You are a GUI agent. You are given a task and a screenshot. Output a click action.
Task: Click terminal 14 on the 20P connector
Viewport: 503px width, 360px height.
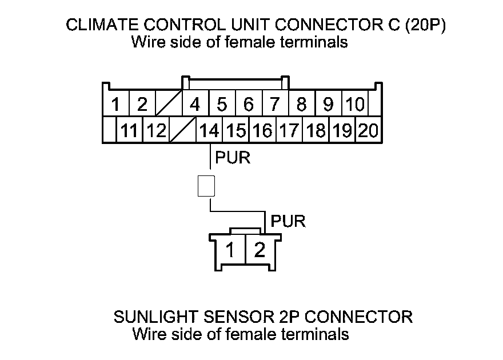(209, 131)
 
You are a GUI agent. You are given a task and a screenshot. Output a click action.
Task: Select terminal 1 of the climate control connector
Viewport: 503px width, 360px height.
(115, 105)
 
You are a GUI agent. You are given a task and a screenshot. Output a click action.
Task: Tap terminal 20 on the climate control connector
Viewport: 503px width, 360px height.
(369, 131)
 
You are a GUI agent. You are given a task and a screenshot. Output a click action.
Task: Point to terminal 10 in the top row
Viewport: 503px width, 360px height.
(355, 105)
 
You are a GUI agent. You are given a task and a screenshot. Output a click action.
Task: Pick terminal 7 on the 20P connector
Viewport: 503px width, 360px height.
(275, 105)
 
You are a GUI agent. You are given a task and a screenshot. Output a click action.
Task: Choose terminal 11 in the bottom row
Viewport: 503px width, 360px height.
(130, 131)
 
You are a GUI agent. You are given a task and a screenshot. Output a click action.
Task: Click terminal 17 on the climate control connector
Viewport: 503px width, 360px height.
(289, 131)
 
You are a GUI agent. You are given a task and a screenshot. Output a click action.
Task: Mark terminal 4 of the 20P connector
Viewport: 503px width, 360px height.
(195, 105)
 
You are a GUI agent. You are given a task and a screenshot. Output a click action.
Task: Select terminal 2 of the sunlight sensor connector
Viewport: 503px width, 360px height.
(260, 250)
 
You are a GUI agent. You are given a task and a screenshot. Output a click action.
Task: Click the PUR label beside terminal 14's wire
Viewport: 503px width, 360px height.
(233, 157)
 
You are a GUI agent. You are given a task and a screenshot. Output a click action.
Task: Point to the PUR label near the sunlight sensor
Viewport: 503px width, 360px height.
(289, 221)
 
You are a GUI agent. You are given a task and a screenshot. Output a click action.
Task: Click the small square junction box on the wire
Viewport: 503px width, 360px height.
(206, 186)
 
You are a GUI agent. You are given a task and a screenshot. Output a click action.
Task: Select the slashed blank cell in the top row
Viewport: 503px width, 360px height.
(169, 105)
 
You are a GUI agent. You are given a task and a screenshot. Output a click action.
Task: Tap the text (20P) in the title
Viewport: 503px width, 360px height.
(425, 26)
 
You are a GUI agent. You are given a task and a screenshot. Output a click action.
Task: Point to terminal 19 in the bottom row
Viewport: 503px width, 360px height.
(342, 131)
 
